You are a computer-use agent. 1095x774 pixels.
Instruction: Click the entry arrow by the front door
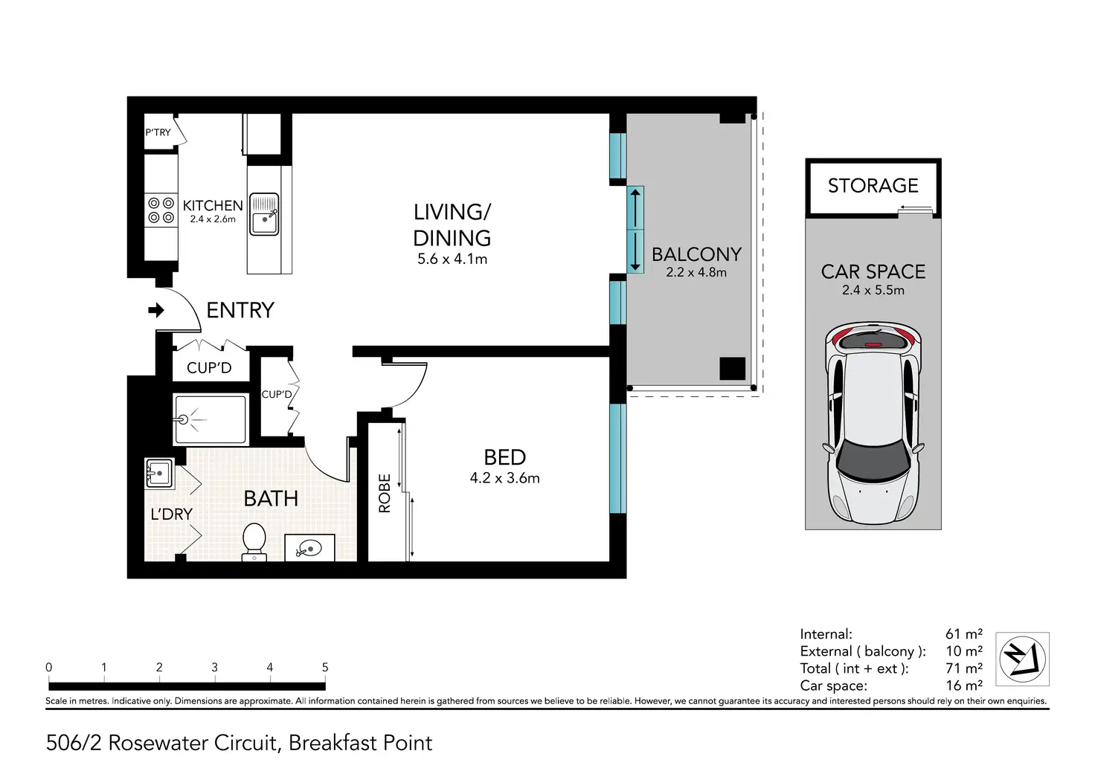[x=156, y=310]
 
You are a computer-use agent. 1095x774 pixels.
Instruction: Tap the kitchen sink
[x=264, y=215]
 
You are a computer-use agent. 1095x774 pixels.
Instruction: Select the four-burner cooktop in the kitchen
[x=161, y=210]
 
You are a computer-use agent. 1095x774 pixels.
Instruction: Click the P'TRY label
[x=158, y=132]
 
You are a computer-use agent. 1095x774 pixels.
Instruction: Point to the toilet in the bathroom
[x=254, y=542]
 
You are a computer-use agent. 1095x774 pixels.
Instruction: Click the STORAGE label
[x=873, y=186]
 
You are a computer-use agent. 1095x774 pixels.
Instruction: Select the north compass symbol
[x=1022, y=659]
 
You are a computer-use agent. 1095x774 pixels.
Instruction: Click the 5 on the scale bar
[x=325, y=668]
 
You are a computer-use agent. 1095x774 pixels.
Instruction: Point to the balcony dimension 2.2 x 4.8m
[x=696, y=272]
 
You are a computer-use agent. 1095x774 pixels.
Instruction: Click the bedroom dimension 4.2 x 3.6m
[x=504, y=478]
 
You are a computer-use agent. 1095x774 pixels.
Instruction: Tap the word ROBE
[x=385, y=493]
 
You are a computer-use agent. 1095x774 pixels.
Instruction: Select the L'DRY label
[x=172, y=514]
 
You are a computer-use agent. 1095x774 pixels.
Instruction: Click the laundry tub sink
[x=159, y=473]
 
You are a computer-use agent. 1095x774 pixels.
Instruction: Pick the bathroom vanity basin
[x=309, y=548]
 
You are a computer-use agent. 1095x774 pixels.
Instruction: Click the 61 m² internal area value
[x=963, y=633]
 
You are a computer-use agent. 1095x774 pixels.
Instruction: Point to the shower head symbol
[x=184, y=419]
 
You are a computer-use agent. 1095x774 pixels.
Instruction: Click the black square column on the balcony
[x=732, y=369]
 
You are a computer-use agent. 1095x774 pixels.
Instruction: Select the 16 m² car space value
[x=963, y=685]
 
